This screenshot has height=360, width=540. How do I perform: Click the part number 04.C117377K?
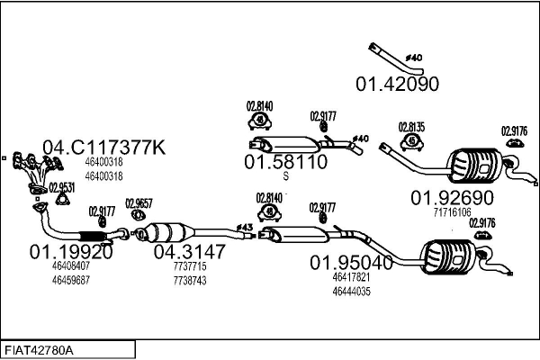pyautogui.click(x=104, y=148)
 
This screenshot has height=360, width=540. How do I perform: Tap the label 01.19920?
pyautogui.click(x=71, y=252)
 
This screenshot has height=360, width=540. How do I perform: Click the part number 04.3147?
pyautogui.click(x=189, y=252)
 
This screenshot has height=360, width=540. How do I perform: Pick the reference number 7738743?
pyautogui.click(x=190, y=281)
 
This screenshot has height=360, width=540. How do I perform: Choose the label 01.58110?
pyautogui.click(x=285, y=162)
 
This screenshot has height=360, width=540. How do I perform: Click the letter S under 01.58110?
pyautogui.click(x=286, y=176)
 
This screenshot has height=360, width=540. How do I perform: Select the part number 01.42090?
pyautogui.click(x=397, y=84)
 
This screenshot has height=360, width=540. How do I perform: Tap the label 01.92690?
pyautogui.click(x=452, y=198)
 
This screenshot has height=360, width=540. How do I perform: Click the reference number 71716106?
pyautogui.click(x=452, y=212)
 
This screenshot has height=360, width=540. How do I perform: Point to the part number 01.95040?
pyautogui.click(x=351, y=263)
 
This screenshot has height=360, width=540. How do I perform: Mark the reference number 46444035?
pyautogui.click(x=351, y=292)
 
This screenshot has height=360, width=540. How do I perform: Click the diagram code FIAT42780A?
pyautogui.click(x=39, y=351)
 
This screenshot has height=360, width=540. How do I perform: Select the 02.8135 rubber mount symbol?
pyautogui.click(x=411, y=141)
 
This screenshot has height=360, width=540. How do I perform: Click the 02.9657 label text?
pyautogui.click(x=139, y=203)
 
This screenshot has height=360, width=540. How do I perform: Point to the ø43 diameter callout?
pyautogui.click(x=245, y=228)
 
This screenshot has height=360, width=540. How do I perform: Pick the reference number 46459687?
pyautogui.click(x=71, y=280)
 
